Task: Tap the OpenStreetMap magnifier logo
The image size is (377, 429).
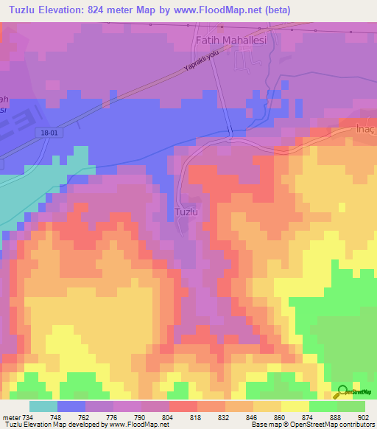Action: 343,392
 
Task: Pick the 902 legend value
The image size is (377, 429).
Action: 364,417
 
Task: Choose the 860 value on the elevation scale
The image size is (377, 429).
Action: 281,417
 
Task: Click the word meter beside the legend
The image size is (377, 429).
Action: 11,417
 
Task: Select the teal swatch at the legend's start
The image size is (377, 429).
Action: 43,406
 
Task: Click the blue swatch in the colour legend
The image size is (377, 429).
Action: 71,406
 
